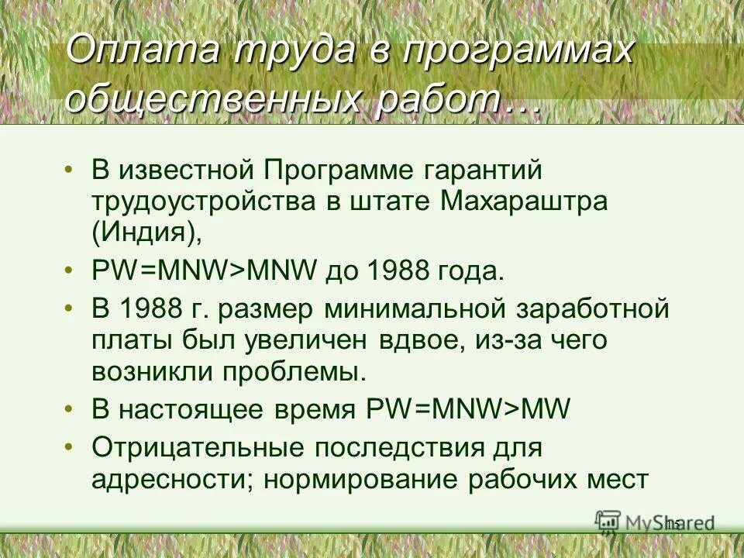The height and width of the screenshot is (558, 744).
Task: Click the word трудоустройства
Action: coord(201,201)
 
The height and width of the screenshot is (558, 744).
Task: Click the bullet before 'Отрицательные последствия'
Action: coord(70,448)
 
